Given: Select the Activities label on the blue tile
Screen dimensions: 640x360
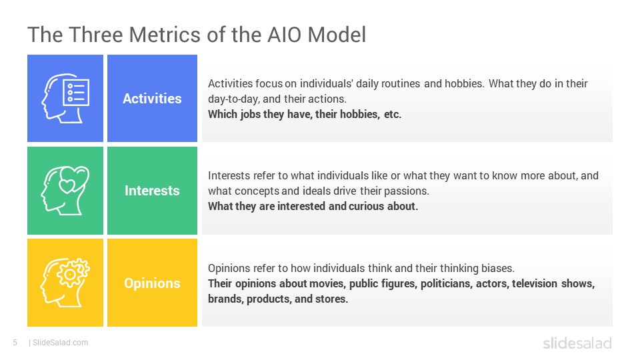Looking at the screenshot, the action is (x=152, y=99).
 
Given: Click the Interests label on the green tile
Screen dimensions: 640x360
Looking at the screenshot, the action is (x=152, y=191).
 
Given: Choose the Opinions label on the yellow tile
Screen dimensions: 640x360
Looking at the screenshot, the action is (x=152, y=283).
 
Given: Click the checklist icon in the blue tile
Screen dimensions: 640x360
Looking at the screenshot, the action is (x=76, y=93).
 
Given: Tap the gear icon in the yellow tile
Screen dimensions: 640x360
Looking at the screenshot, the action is (x=73, y=273).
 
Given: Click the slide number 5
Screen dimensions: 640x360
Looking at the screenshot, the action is (x=15, y=343).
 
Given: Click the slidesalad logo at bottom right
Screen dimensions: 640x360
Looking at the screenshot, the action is (x=577, y=343).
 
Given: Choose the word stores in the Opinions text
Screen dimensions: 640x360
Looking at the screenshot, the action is (x=332, y=299).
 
